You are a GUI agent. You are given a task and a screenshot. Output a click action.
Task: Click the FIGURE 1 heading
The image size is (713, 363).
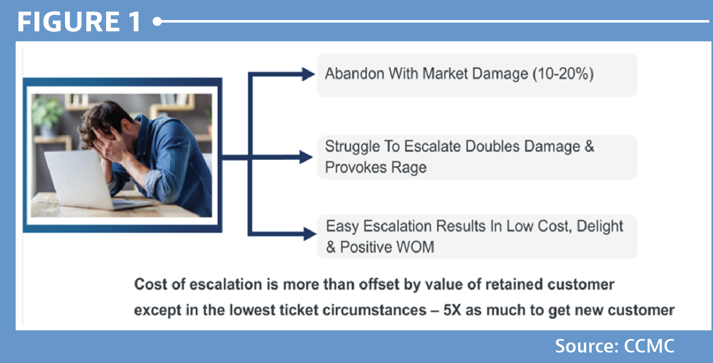click(79, 22)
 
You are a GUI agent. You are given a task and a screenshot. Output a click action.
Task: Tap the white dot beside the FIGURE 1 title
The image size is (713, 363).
click(157, 21)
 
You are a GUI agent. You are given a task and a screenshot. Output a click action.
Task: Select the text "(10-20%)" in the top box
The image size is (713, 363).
click(563, 74)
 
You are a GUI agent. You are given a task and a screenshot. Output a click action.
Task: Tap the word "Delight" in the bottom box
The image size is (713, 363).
click(600, 226)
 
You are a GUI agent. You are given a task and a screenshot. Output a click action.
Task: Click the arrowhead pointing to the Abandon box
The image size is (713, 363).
click(308, 74)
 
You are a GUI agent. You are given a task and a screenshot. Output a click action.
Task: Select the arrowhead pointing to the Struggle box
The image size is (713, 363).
click(306, 157)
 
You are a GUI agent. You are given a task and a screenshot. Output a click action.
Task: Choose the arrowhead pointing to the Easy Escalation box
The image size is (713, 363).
click(310, 234)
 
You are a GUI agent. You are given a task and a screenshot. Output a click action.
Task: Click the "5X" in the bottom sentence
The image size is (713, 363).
click(452, 310)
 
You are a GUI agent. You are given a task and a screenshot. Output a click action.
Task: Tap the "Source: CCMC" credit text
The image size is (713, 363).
click(615, 346)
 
